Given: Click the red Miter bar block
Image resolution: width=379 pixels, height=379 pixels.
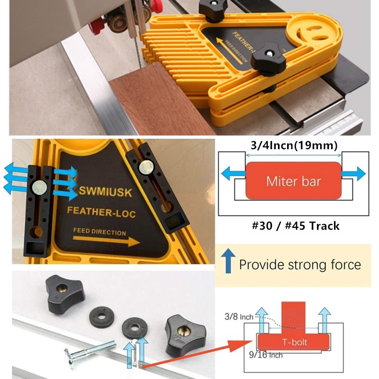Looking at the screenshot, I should (293, 180).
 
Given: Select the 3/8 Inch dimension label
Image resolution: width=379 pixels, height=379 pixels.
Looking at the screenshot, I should (240, 316).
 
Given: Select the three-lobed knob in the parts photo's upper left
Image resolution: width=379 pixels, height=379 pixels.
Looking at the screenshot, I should (64, 290).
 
